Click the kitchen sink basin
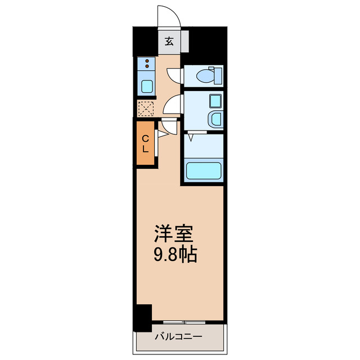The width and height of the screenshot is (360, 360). pos(147,87)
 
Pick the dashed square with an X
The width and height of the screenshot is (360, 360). pos(146,107)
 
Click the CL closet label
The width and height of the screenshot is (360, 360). pos(145,144)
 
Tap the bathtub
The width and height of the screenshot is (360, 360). pos(204,170)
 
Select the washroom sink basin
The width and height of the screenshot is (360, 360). pos(215,119)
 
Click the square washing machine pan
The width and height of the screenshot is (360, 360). pos(215,101)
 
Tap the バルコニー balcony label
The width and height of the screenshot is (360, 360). pos(179,337)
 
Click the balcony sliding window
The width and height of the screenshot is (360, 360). pos(186,323)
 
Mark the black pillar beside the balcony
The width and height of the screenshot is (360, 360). pos(143,317)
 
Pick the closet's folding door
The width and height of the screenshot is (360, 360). pos(164,133)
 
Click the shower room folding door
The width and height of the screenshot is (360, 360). pos(193,135)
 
